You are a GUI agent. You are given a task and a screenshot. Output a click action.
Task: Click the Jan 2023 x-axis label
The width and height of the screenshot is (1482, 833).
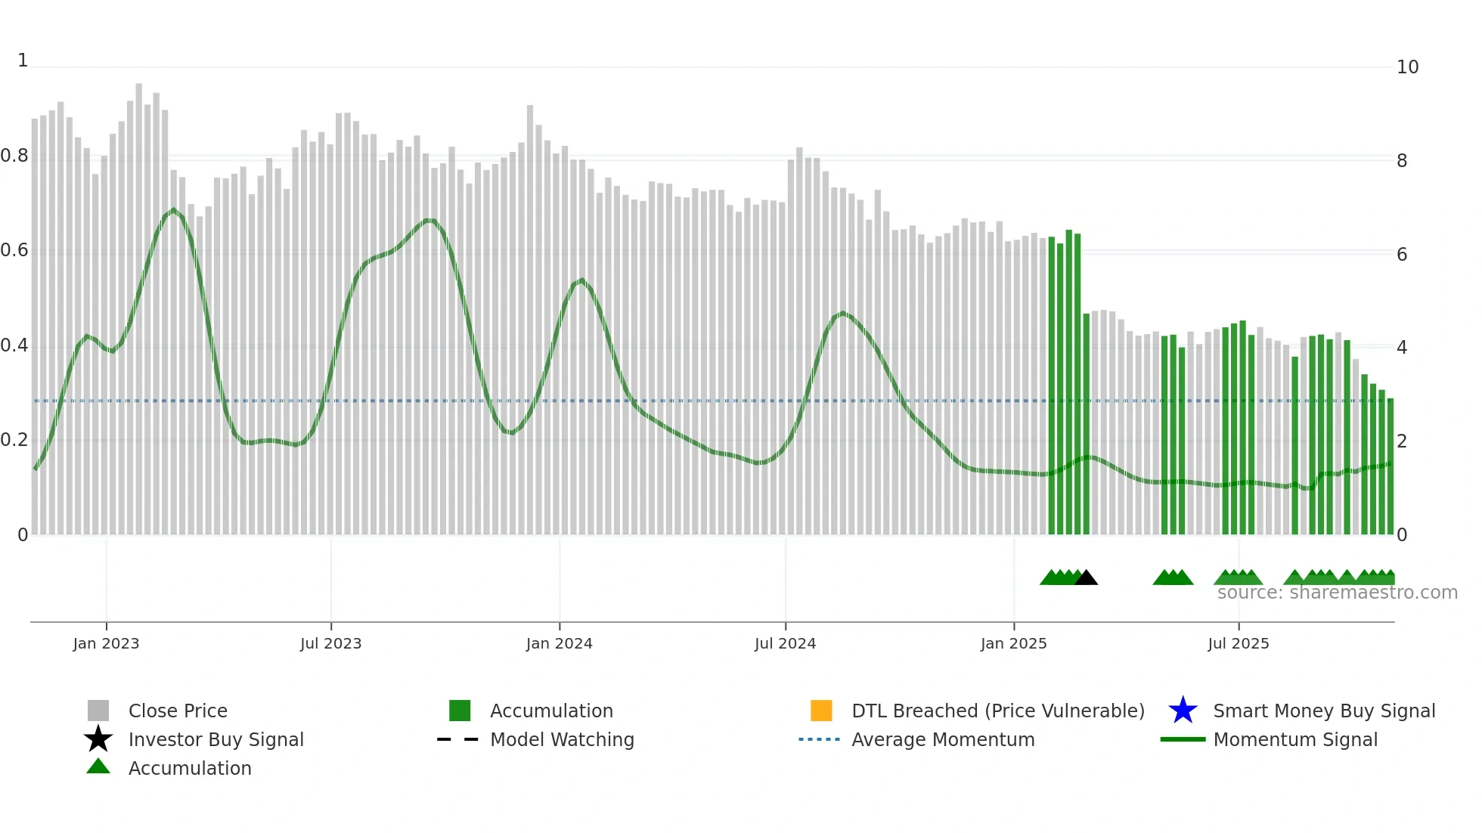point(106,643)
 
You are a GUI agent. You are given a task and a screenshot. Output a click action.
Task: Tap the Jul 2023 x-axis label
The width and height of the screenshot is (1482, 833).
point(330,643)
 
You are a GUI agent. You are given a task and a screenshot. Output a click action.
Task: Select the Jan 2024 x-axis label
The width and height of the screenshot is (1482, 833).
point(559,643)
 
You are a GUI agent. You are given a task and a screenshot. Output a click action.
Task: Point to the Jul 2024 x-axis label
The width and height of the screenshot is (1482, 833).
point(785,643)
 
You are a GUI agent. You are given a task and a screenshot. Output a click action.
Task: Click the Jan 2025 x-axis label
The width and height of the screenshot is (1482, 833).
point(1013,643)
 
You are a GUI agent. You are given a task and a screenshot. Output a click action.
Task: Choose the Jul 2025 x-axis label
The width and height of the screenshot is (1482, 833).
point(1238,643)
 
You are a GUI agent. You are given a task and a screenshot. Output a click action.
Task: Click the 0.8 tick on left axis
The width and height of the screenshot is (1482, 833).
point(14,156)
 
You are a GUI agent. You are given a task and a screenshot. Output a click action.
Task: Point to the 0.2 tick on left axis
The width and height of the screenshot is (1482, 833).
point(14,440)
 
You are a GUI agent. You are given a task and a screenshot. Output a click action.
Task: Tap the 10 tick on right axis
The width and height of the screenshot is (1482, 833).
point(1407,67)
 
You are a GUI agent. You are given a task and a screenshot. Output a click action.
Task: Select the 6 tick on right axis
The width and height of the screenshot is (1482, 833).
point(1402,255)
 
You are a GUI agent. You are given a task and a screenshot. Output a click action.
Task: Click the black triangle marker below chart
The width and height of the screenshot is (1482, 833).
point(1086,578)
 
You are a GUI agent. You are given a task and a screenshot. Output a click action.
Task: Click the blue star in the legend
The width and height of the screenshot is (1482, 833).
point(1183,711)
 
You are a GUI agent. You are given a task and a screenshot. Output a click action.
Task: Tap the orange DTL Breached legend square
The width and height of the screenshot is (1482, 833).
point(821,711)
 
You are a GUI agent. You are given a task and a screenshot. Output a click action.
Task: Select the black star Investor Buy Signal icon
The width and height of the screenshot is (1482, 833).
point(98,739)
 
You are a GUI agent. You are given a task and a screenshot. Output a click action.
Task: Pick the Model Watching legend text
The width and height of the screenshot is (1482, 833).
point(562,739)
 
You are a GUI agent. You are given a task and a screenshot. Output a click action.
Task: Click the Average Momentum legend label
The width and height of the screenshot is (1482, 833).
point(943,739)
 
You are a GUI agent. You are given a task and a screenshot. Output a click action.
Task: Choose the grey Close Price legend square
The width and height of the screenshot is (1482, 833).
point(98,711)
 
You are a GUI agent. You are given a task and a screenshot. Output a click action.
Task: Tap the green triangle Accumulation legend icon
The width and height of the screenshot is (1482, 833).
point(98,766)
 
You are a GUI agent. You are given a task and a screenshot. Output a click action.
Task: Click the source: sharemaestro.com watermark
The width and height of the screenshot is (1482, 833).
point(1337,593)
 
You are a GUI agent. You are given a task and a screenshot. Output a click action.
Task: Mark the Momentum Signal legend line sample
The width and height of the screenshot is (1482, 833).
point(1183,739)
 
